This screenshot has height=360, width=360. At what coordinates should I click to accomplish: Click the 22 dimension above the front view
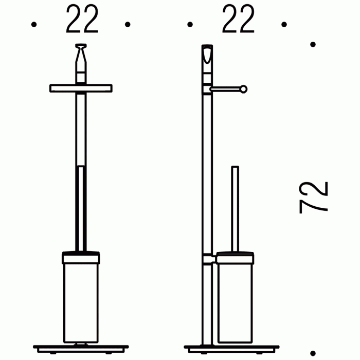pos(82,19)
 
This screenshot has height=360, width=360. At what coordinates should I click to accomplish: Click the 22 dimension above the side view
pos(238,19)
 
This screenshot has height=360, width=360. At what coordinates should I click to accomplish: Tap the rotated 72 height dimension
pos(314,197)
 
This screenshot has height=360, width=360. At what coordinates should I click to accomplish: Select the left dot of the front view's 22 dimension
pos(34,24)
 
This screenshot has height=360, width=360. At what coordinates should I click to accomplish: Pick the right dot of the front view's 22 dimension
pos(128,24)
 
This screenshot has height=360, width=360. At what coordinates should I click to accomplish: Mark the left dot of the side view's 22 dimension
pos(190,24)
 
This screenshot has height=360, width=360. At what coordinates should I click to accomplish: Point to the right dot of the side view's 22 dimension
pos(284,24)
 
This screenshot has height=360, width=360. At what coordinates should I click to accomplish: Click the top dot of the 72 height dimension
pos(313,44)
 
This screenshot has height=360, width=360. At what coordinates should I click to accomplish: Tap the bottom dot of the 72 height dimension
pos(313,353)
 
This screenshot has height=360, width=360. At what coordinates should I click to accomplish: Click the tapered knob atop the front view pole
pos(81,53)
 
